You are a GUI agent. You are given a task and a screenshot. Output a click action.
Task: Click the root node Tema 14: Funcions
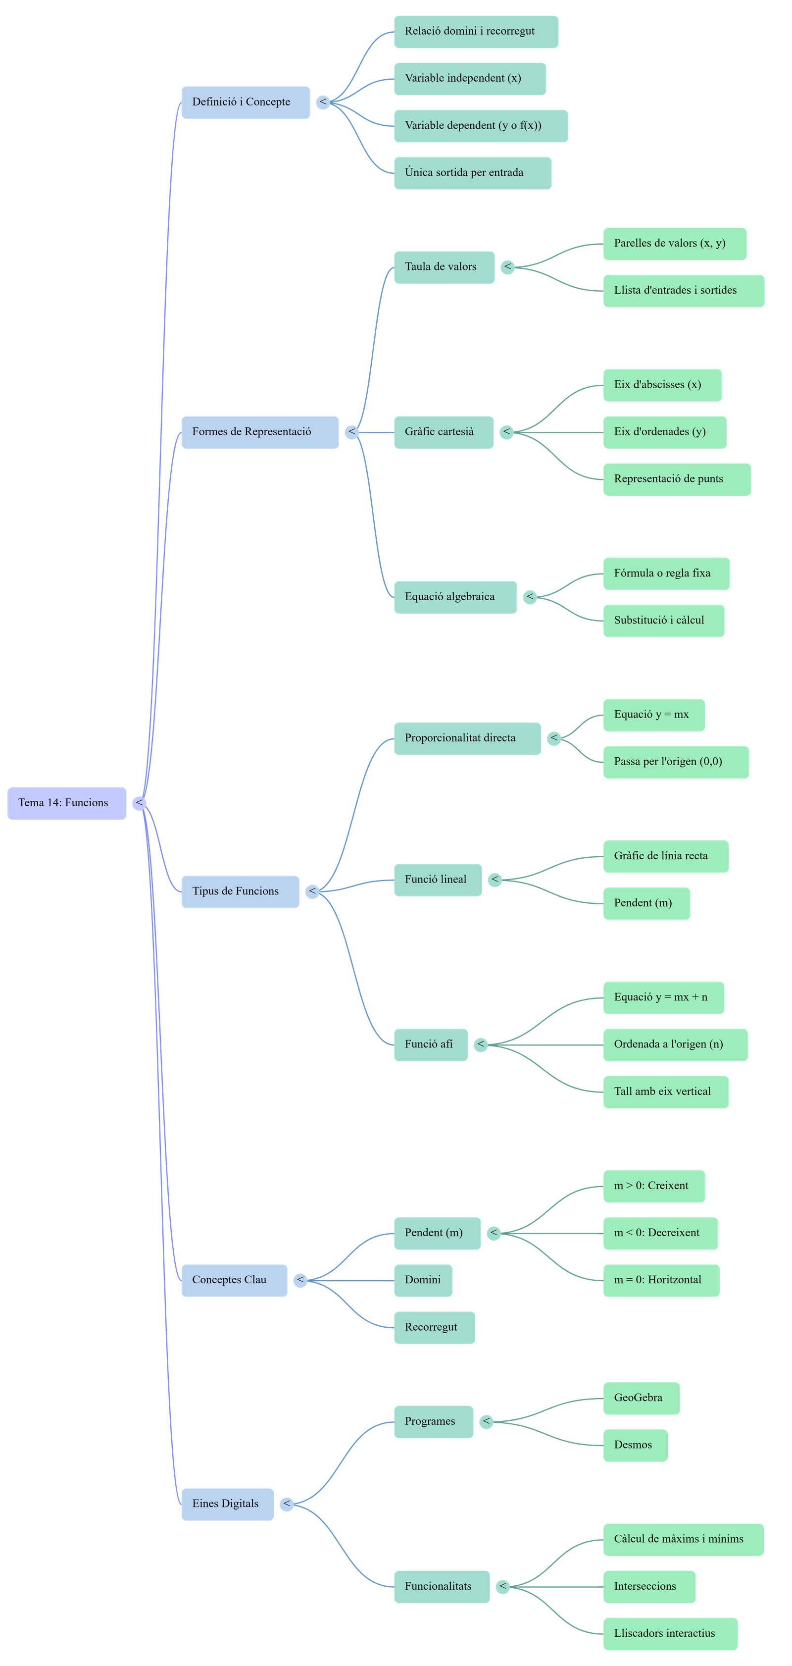[67, 803]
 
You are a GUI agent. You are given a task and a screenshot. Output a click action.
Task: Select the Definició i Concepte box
[245, 102]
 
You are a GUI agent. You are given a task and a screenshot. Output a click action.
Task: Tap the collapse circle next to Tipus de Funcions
[312, 892]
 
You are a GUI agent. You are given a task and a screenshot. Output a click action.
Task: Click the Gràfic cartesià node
[444, 432]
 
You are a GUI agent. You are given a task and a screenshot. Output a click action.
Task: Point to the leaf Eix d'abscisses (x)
[662, 385]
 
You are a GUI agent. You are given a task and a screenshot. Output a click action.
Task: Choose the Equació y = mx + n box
[663, 997]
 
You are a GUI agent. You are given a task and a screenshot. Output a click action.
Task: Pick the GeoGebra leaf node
[642, 1398]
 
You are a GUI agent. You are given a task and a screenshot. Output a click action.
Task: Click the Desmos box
[635, 1445]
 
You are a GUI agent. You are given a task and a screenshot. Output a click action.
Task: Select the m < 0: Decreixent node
[660, 1233]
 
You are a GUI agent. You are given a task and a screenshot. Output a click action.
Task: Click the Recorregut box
[434, 1327]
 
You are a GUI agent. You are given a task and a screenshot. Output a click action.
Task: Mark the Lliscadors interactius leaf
[670, 1633]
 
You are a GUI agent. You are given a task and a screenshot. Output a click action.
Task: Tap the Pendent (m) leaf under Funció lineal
[646, 903]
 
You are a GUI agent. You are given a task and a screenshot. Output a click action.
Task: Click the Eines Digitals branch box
[227, 1504]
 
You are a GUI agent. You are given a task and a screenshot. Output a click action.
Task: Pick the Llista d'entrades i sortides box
[684, 290]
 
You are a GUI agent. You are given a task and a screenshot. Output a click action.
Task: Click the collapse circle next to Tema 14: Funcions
[139, 803]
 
